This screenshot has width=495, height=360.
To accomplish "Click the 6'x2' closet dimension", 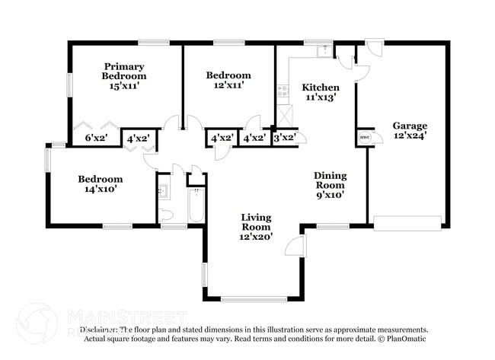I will click(96, 138).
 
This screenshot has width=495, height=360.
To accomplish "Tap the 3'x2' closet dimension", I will click(284, 138).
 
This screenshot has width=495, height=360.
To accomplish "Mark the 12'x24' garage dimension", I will click(410, 136).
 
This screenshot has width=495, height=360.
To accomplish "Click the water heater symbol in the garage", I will click(363, 137).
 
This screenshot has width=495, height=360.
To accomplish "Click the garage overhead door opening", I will click(407, 223).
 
